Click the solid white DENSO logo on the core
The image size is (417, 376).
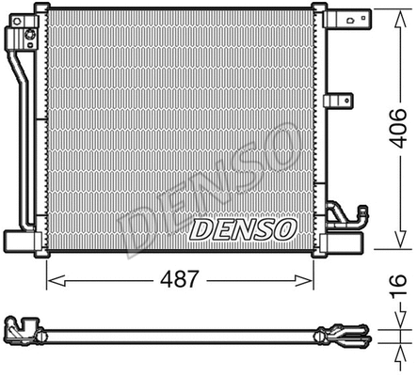click(x=243, y=228)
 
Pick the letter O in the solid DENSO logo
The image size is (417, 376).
click(x=284, y=228)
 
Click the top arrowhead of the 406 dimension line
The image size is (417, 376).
click(x=380, y=9)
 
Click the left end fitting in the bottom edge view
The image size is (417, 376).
click(x=24, y=332)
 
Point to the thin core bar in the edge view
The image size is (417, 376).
click(x=179, y=334)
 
